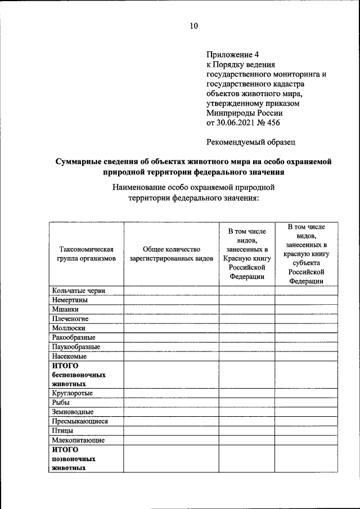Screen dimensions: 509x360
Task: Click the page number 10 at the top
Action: tap(194, 26)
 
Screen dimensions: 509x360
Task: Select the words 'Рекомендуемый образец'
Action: tap(251, 142)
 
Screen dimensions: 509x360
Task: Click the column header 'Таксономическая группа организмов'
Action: tap(86, 254)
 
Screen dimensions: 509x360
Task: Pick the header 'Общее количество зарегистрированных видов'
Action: tap(171, 254)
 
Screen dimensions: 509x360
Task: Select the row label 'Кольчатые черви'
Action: tap(79, 291)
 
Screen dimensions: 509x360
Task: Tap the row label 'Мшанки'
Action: tap(65, 309)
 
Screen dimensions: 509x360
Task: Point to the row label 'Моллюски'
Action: tap(69, 328)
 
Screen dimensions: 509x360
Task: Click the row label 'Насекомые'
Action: tap(69, 356)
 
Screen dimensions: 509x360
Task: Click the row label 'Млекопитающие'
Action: tap(78, 440)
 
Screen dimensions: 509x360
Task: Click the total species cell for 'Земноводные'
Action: tap(171, 412)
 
